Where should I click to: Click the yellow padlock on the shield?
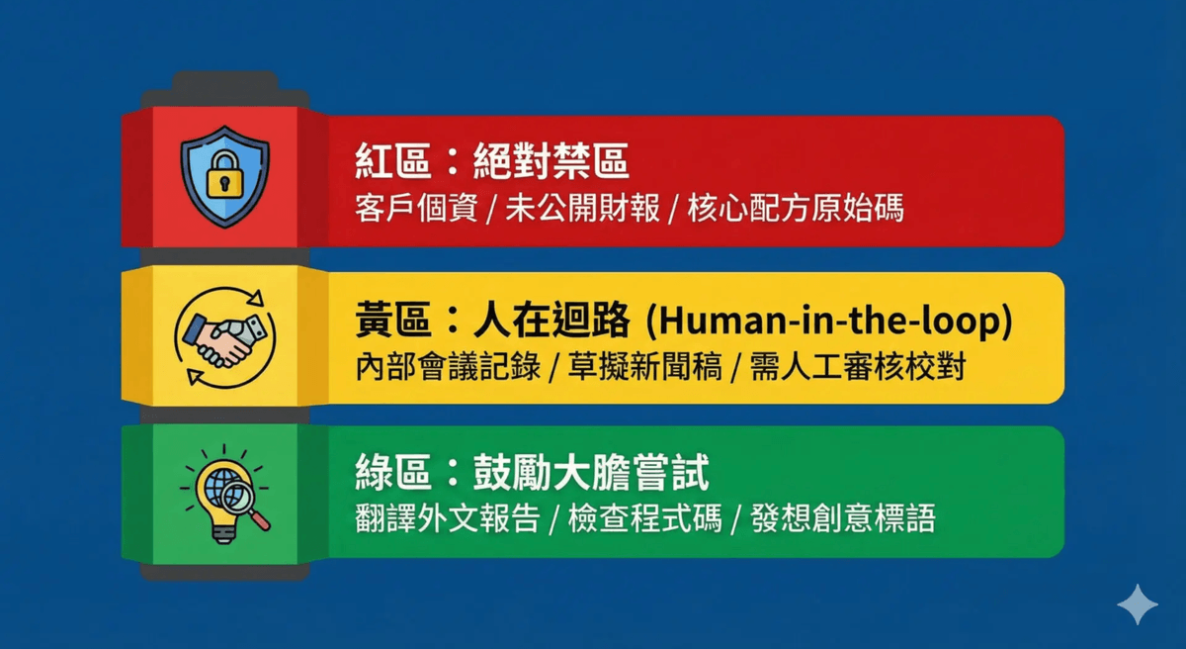224,176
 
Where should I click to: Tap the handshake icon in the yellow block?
224,339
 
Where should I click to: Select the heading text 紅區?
392,161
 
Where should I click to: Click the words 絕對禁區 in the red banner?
551,161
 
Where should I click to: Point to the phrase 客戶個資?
416,208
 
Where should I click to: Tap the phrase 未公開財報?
582,208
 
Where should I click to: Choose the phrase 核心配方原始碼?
796,208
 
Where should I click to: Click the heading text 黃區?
392,320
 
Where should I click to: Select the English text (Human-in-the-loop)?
829,322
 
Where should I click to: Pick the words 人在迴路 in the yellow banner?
551,320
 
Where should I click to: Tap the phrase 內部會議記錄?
448,366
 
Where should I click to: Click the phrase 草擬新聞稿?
644,366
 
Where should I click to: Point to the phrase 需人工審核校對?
858,366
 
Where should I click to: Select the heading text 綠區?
392,472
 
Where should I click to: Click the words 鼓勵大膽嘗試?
591,472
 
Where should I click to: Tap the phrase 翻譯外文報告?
448,517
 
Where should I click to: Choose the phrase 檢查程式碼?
644,517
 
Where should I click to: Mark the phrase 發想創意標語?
843,517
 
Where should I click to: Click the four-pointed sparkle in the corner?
1138,604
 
